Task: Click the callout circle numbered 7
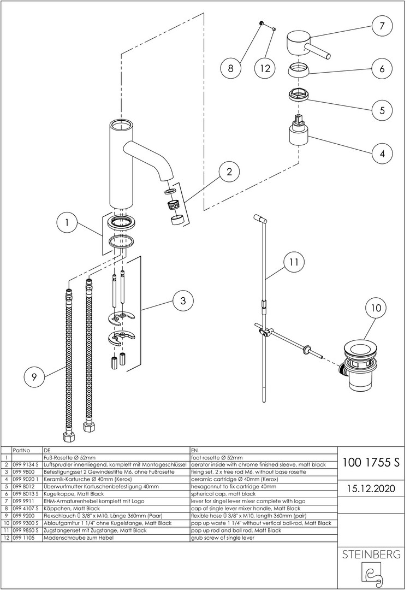[x=382, y=26]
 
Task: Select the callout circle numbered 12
[x=265, y=68]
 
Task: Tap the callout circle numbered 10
[x=376, y=308]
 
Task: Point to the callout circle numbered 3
[x=183, y=300]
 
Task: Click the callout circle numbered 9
[x=34, y=376]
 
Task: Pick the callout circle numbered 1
[x=67, y=222]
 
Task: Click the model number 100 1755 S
[x=371, y=463]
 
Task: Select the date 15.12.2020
[x=371, y=488]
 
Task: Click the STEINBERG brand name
[x=371, y=554]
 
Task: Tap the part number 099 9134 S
[x=25, y=465]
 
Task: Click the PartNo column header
[x=21, y=450]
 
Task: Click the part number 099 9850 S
[x=25, y=530]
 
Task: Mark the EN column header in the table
[x=194, y=450]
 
